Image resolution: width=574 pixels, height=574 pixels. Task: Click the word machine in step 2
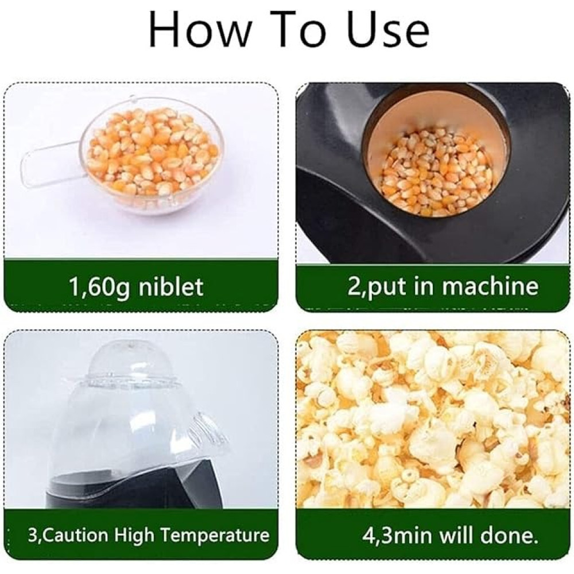click(x=490, y=286)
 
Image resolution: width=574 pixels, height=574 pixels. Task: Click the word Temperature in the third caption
click(x=215, y=536)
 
